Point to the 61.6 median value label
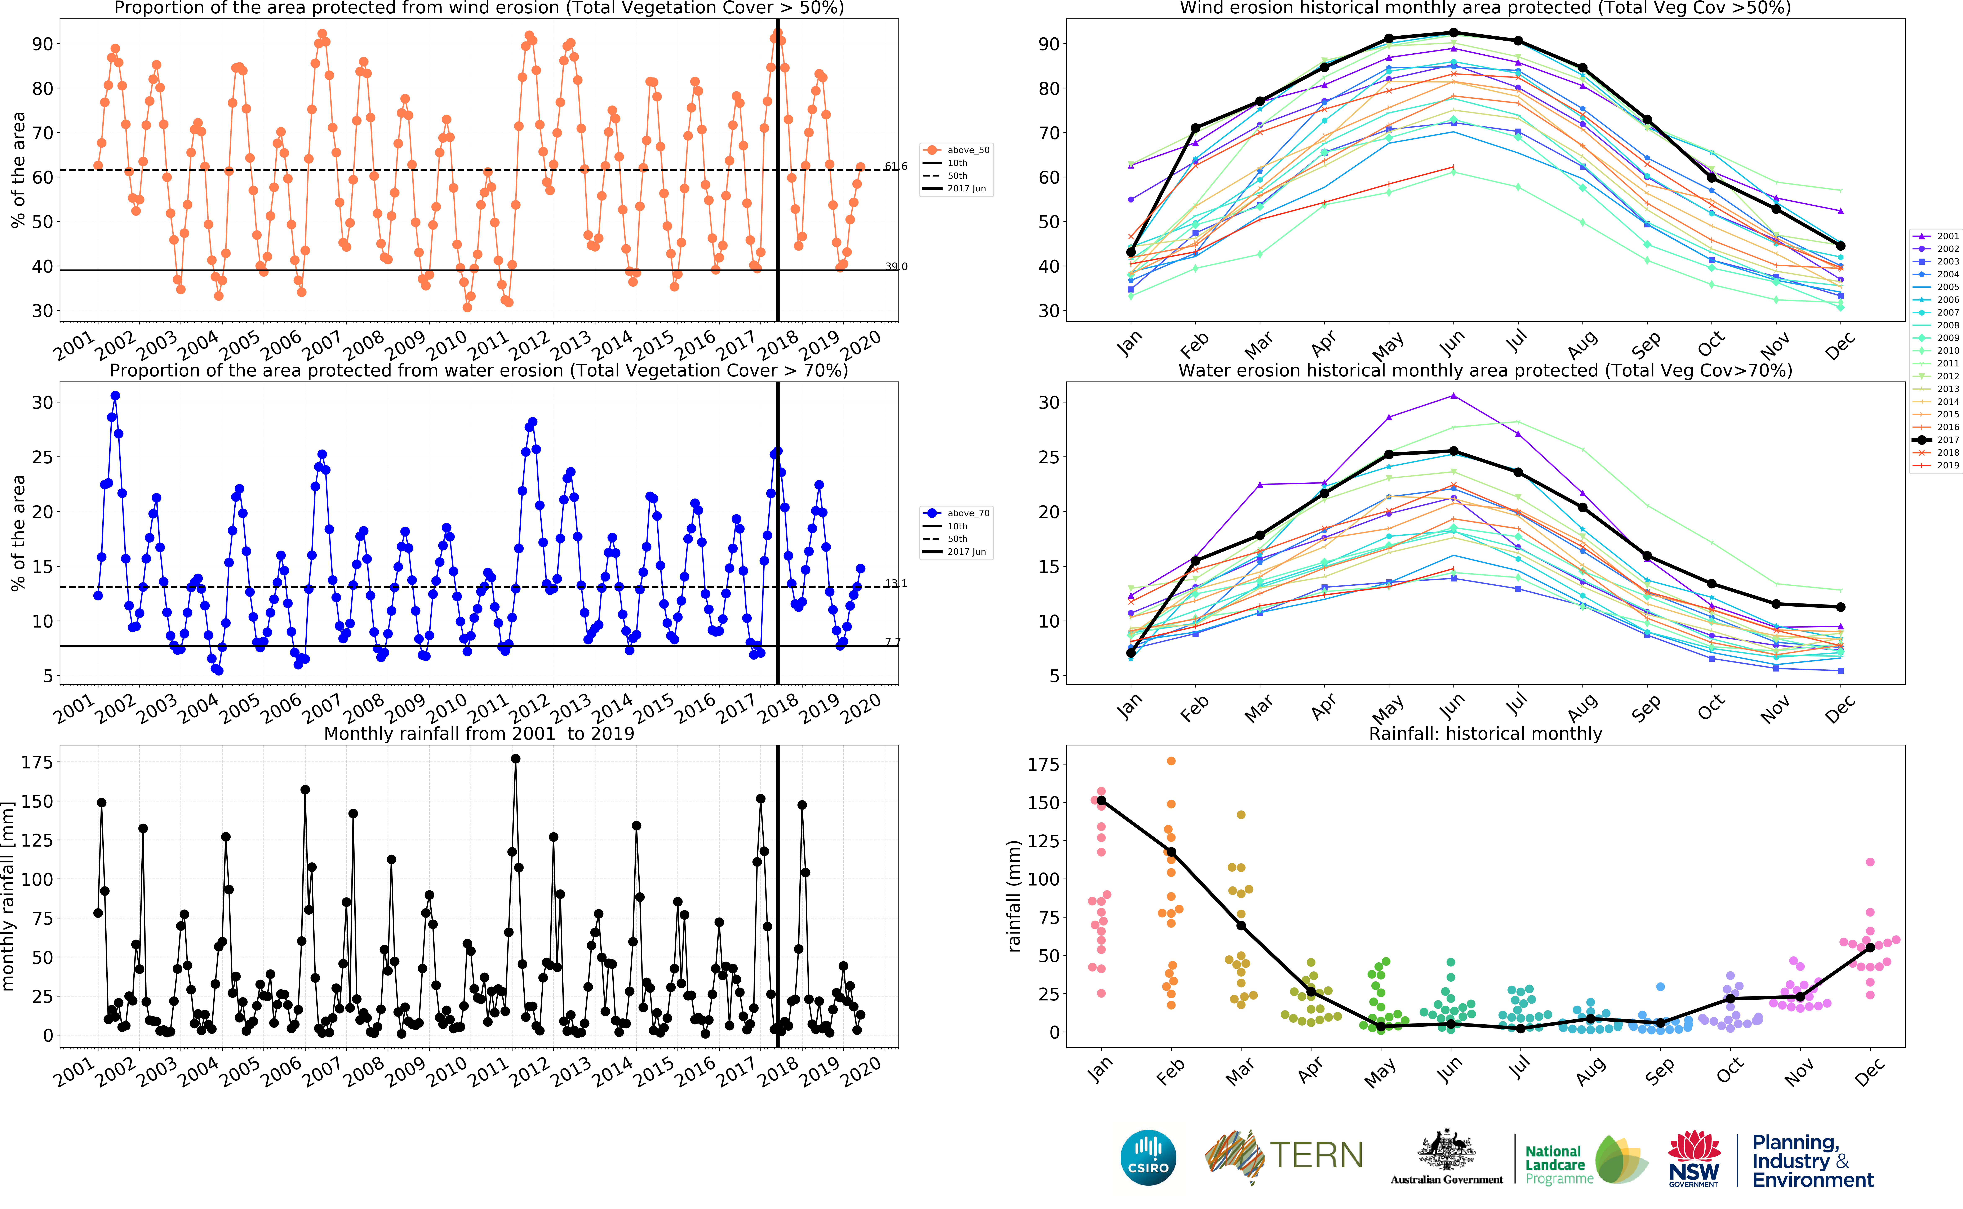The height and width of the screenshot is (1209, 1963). pyautogui.click(x=896, y=166)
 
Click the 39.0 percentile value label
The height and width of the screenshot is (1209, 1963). pyautogui.click(x=896, y=266)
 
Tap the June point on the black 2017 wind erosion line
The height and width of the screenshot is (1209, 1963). pyautogui.click(x=1453, y=33)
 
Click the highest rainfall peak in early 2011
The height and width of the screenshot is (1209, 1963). pyautogui.click(x=516, y=759)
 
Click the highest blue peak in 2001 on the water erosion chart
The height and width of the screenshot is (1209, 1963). pyautogui.click(x=115, y=396)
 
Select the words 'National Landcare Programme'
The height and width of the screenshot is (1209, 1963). pyautogui.click(x=1558, y=1164)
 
